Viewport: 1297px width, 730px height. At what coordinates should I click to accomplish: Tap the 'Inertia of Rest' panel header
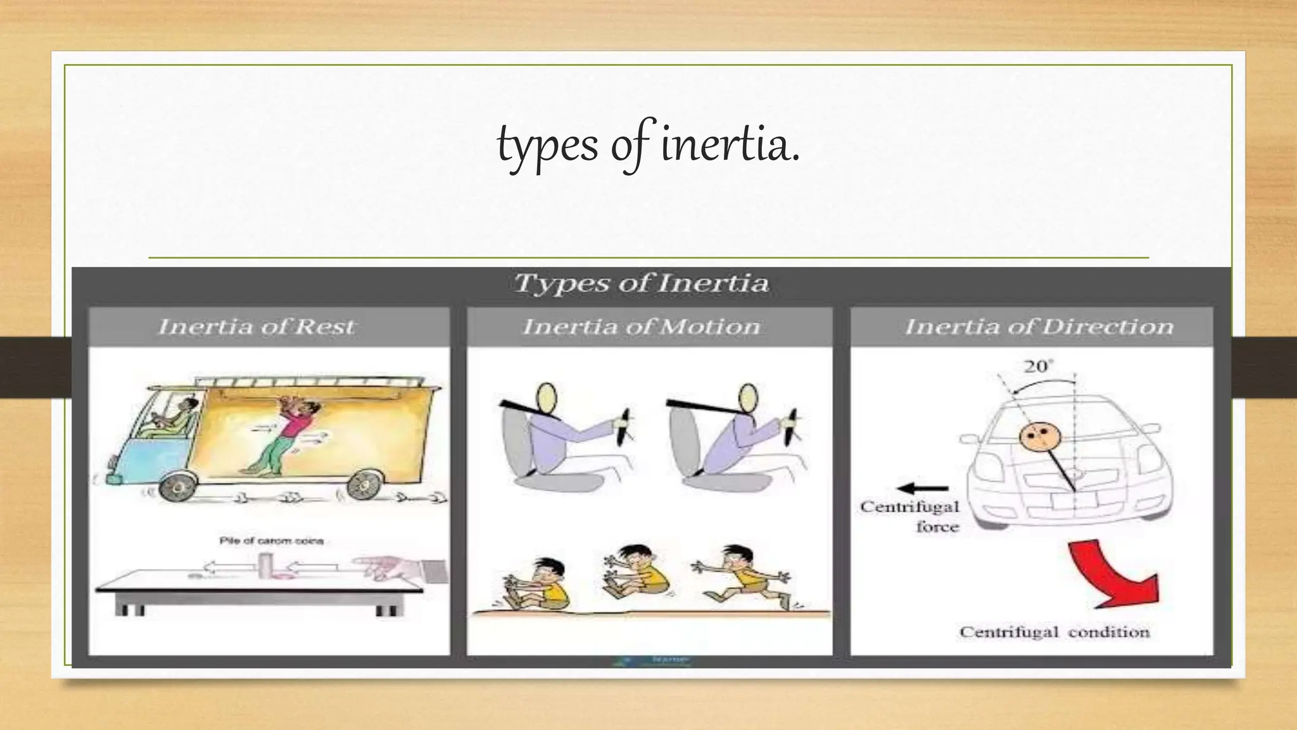point(256,327)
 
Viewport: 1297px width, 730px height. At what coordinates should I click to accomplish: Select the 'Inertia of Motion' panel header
point(641,327)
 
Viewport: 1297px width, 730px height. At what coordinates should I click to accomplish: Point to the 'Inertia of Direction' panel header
point(1039,327)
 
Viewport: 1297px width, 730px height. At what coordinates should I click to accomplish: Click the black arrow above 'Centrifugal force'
point(923,488)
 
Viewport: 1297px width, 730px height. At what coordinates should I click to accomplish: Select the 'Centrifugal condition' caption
point(1054,632)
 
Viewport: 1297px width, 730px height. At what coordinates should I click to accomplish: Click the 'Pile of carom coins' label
point(271,541)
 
